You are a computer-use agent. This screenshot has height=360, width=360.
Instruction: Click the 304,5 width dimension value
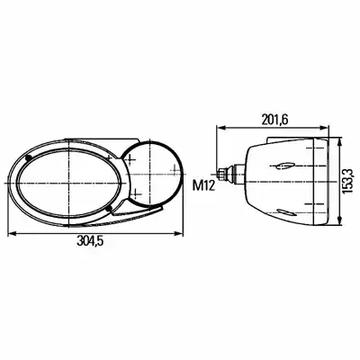coord(90,240)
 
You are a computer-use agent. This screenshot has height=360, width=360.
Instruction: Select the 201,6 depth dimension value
coord(274,120)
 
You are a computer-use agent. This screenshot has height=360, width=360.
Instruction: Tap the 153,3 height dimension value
coord(348,181)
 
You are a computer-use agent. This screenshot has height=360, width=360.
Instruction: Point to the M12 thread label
coord(203,186)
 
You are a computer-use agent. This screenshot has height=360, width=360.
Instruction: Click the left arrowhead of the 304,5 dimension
coord(12,233)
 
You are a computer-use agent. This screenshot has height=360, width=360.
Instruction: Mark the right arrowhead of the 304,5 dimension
coord(179,233)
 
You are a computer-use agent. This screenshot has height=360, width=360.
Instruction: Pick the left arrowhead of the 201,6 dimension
coord(220,128)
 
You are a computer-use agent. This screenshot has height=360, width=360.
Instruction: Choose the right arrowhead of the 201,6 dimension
coord(325,128)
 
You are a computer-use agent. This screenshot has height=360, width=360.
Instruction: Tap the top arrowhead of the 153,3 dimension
coord(340,141)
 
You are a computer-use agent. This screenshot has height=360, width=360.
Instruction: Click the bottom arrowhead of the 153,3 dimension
coord(340,220)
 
